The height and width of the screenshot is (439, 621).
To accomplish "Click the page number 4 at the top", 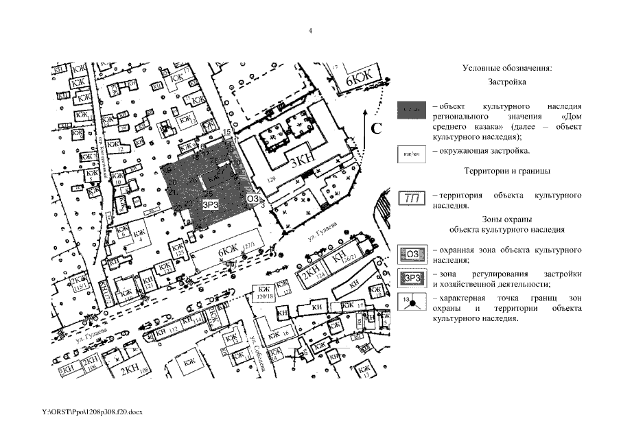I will click(310, 30).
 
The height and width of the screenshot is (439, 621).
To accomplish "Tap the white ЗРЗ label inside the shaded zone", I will click(211, 204).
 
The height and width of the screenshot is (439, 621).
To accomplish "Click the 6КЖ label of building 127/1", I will click(229, 252).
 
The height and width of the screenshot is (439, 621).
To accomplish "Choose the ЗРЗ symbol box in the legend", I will click(412, 278).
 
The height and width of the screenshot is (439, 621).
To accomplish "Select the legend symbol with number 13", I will click(412, 303).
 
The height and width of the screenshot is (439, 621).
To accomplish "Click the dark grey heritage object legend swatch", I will click(412, 111).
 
